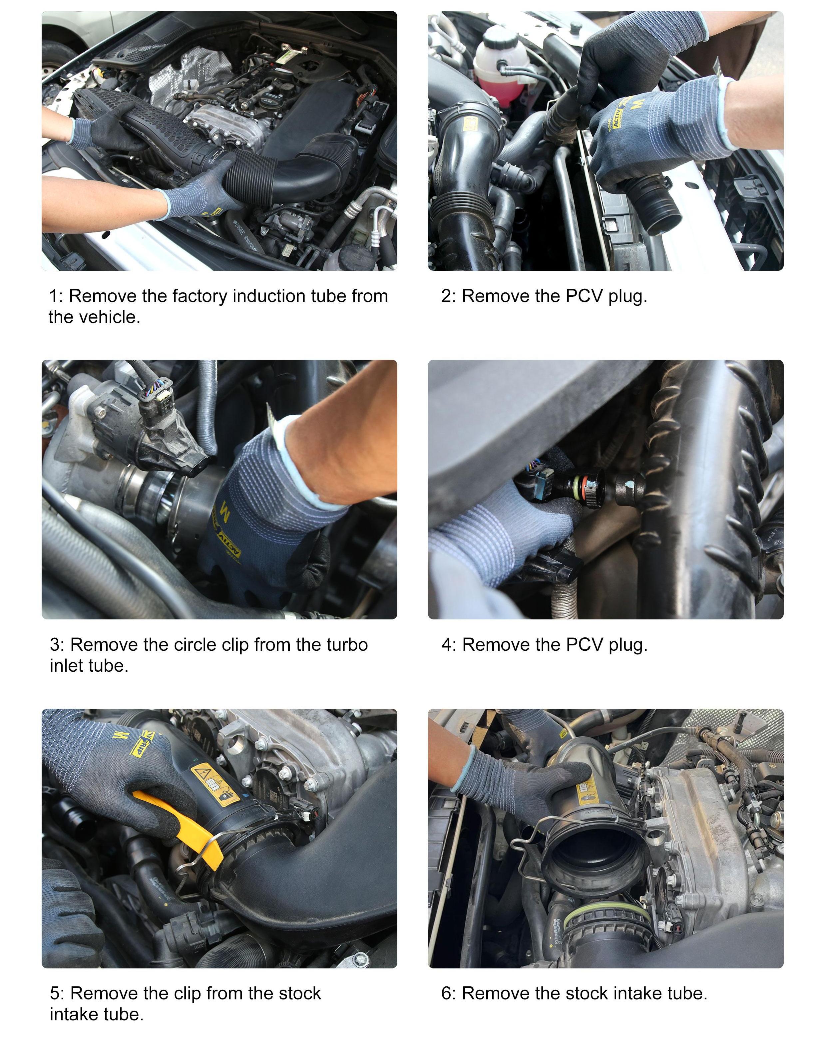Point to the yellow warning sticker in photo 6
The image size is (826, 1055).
point(587,793)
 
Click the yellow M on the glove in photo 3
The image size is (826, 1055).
point(224,509)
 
